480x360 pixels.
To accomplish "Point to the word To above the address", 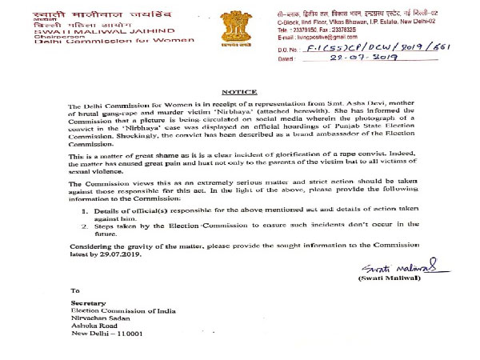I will point(75,290).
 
